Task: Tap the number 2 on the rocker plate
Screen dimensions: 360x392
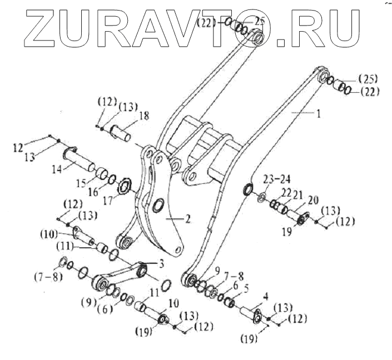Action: [x=187, y=218]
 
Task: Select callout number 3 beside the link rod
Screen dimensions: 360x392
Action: [x=162, y=263]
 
